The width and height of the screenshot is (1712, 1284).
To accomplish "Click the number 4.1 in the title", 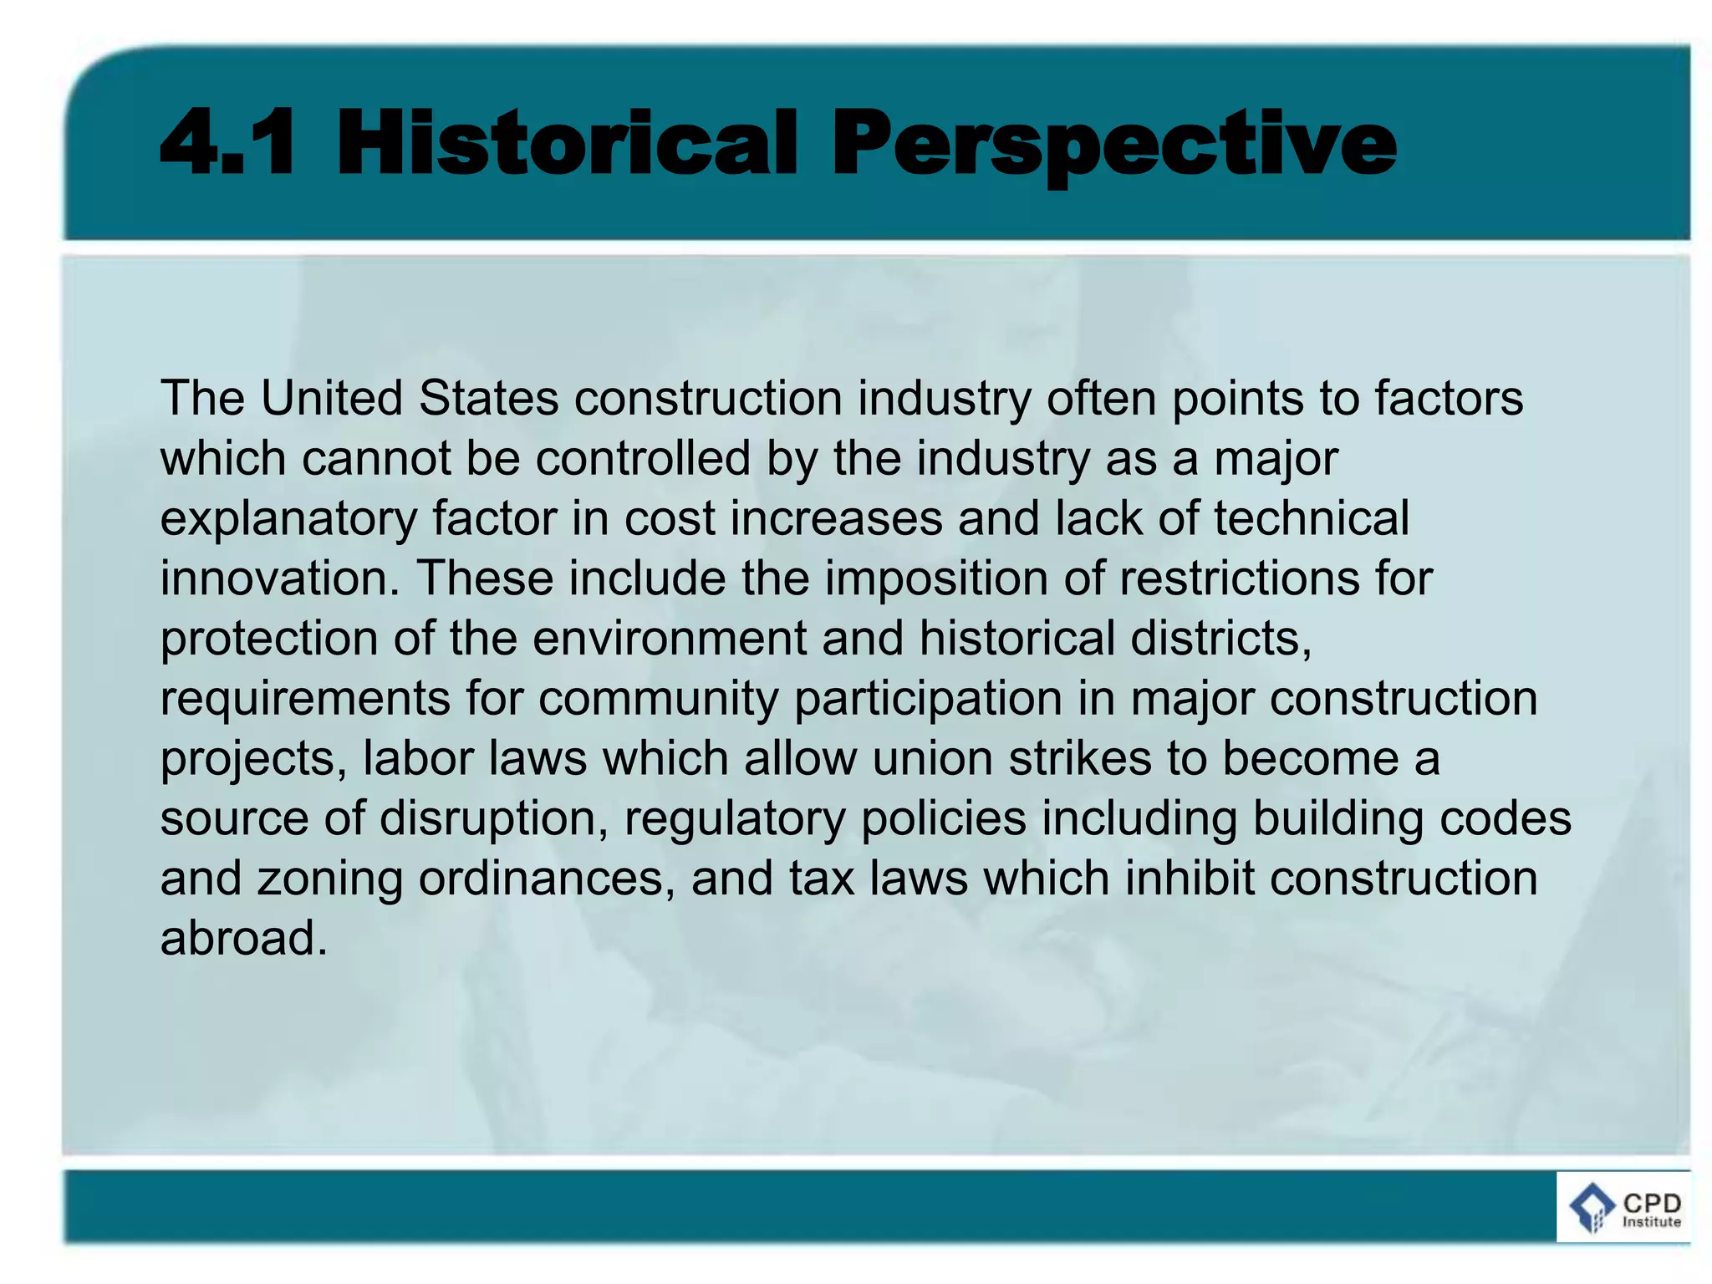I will click(227, 143).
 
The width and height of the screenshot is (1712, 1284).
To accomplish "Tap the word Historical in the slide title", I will click(568, 143).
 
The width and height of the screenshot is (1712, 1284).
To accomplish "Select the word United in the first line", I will click(331, 398).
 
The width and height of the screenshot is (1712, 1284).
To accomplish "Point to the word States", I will click(488, 398).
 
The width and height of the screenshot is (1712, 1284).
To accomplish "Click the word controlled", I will click(643, 458).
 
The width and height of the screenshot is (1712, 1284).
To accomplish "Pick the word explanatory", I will click(288, 520).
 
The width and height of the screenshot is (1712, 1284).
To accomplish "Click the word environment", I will click(669, 639).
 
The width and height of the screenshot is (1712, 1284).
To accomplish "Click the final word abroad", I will click(242, 939).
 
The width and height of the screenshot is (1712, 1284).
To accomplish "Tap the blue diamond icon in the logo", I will click(1592, 1207).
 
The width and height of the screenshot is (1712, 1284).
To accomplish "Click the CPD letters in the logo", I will click(1651, 1203).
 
